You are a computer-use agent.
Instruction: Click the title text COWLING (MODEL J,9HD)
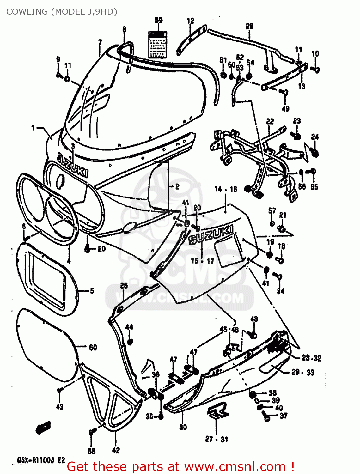(x=62, y=12)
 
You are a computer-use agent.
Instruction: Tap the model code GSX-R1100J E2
(x=41, y=460)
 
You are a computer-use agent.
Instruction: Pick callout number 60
(x=93, y=348)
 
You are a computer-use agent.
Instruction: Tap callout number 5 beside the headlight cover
(x=92, y=290)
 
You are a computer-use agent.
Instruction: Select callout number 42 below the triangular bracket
(x=116, y=450)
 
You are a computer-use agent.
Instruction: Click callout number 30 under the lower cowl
(x=183, y=427)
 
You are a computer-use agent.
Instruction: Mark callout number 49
(x=285, y=109)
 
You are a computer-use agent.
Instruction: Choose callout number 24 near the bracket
(x=315, y=137)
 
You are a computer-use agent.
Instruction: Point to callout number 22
(x=270, y=121)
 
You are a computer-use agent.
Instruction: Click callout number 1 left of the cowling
(x=33, y=128)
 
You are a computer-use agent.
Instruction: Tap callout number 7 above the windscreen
(x=100, y=42)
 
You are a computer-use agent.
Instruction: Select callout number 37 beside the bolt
(x=284, y=416)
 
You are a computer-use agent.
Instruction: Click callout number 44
(x=129, y=327)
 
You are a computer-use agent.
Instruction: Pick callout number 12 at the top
(x=190, y=21)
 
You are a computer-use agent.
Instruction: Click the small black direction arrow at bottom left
(x=43, y=428)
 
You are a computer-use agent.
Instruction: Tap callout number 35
(x=149, y=416)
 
